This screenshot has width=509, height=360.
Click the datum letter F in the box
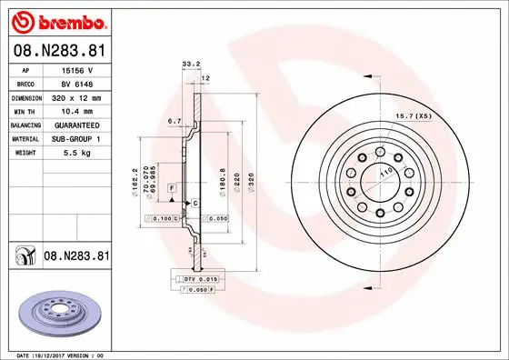(x=170, y=187)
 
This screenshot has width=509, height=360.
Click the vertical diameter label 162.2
(x=135, y=180)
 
